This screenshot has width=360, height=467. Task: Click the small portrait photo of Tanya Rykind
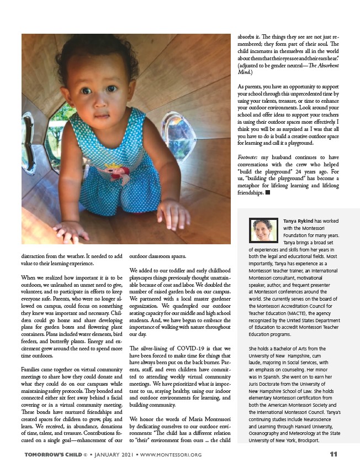click(264, 231)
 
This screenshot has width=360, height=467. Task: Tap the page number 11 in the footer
click(333, 455)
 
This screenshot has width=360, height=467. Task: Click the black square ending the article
click(267, 193)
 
